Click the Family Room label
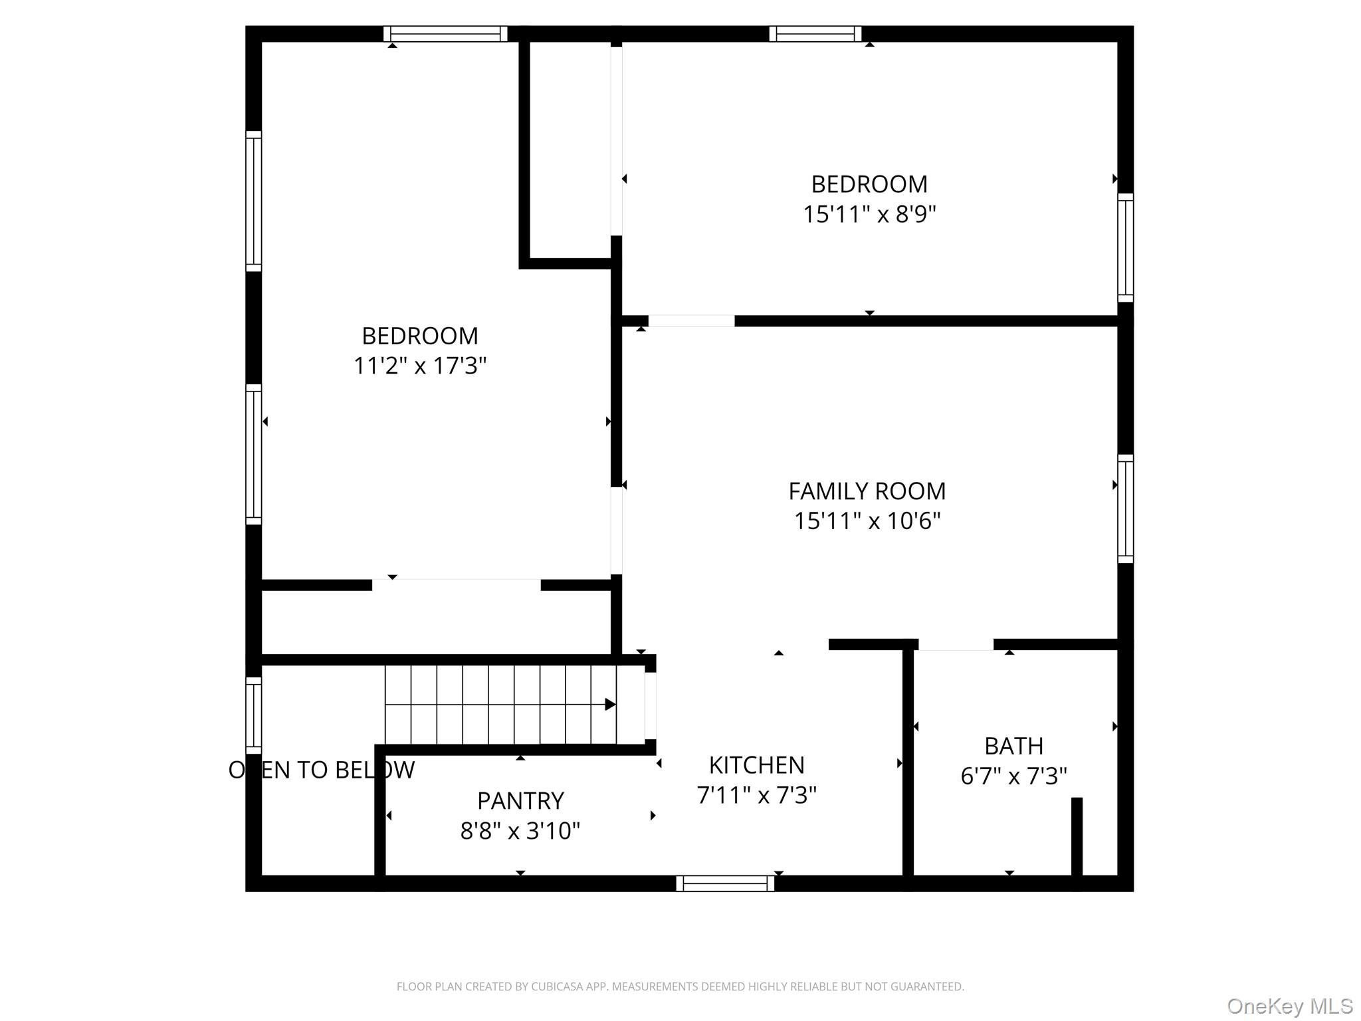pyautogui.click(x=867, y=491)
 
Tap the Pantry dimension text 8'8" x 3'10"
pyautogui.click(x=520, y=831)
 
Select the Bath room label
pyautogui.click(x=1013, y=746)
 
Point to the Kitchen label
pyautogui.click(x=756, y=766)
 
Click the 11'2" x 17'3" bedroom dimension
pyautogui.click(x=420, y=366)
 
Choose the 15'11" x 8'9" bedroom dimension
pyautogui.click(x=869, y=214)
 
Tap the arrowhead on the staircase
pyautogui.click(x=610, y=705)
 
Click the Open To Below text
pyautogui.click(x=322, y=770)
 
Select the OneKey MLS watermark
pyautogui.click(x=1290, y=1006)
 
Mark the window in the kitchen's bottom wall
pyautogui.click(x=725, y=883)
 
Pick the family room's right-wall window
pyautogui.click(x=1125, y=509)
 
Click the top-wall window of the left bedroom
pyautogui.click(x=445, y=34)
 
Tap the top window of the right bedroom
pyautogui.click(x=815, y=34)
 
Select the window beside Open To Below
pyautogui.click(x=254, y=715)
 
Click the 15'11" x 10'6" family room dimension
pyautogui.click(x=867, y=520)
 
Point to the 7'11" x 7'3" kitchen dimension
pyautogui.click(x=756, y=795)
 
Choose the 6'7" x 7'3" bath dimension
pyautogui.click(x=1013, y=776)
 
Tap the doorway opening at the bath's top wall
pyautogui.click(x=956, y=644)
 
